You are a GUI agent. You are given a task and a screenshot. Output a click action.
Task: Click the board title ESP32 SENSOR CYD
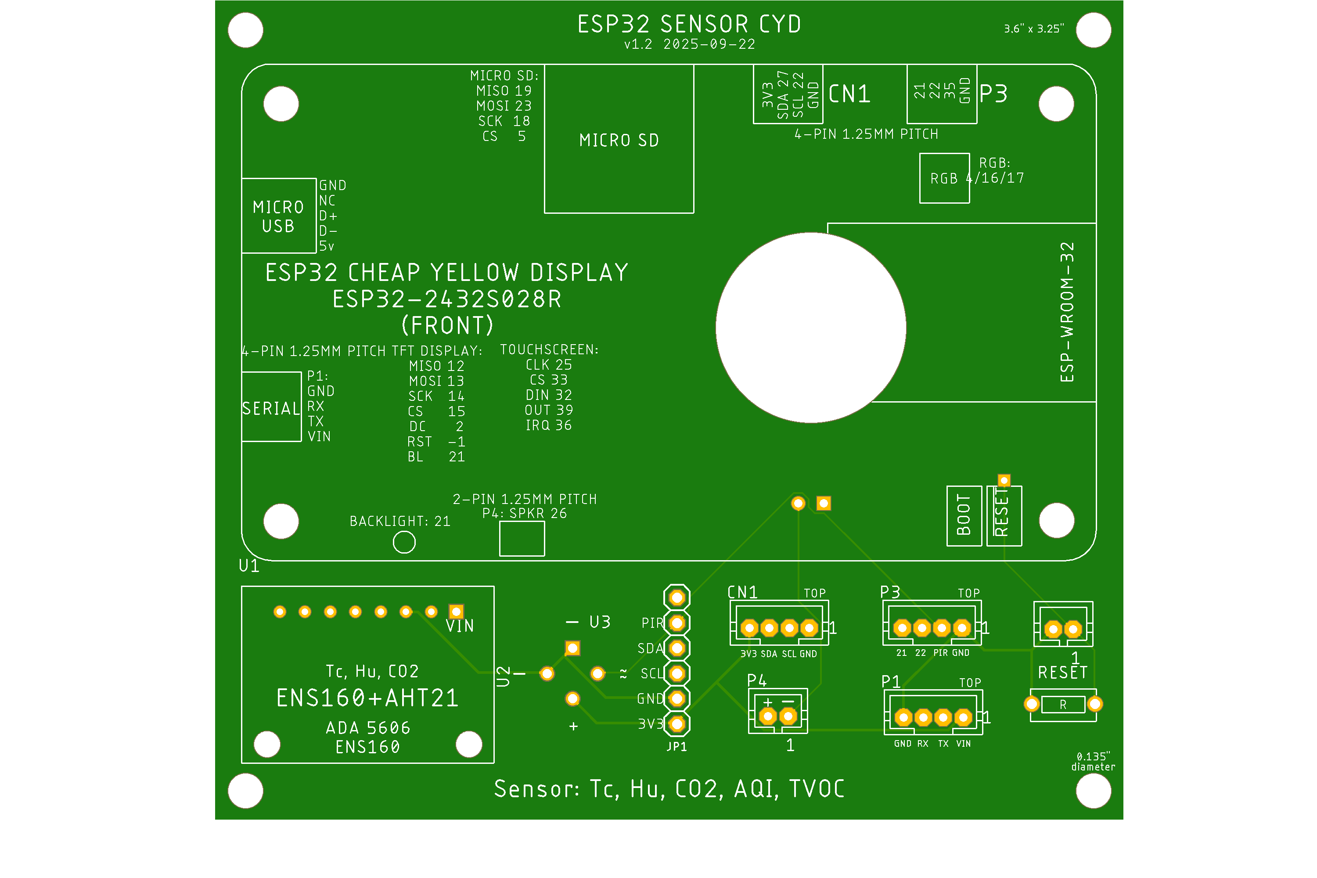pos(689,25)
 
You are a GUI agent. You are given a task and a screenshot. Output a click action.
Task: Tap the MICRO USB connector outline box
pos(279,216)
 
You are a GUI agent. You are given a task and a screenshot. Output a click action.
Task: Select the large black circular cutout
pos(811,327)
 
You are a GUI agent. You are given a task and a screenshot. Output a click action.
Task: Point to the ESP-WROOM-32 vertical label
pos(1067,313)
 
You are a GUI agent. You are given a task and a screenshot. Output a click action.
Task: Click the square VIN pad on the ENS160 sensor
pos(457,612)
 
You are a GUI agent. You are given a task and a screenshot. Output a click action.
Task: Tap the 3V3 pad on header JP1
pos(677,724)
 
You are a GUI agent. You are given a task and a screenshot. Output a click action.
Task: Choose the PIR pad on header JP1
pos(677,623)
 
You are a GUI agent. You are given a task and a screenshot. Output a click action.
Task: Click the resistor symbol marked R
pos(1063,705)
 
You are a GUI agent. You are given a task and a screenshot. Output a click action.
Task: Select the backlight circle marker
pos(404,542)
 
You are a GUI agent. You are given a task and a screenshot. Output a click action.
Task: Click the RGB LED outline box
pos(944,179)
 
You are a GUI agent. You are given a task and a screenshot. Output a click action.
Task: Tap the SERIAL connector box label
pos(271,408)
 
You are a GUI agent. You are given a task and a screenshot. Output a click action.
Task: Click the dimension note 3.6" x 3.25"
pos(1034,29)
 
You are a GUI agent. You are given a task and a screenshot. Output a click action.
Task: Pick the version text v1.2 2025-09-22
pos(690,44)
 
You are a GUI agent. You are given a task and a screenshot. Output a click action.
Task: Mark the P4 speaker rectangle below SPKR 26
pos(522,539)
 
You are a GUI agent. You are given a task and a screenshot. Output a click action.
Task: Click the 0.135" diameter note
pos(1093,762)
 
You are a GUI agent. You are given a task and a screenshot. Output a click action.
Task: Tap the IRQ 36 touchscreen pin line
pos(548,425)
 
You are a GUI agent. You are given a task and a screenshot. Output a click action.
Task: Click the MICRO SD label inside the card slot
pos(619,140)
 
